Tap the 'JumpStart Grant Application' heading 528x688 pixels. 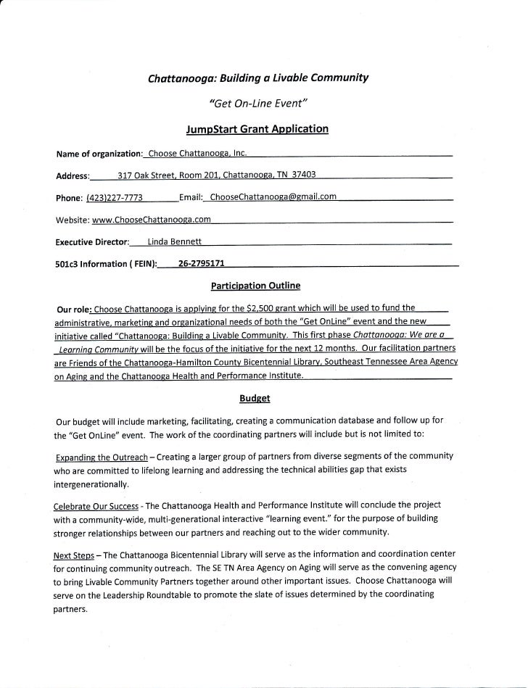258,130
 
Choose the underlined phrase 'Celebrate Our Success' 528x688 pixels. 99,504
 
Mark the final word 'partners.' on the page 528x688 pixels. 71,609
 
